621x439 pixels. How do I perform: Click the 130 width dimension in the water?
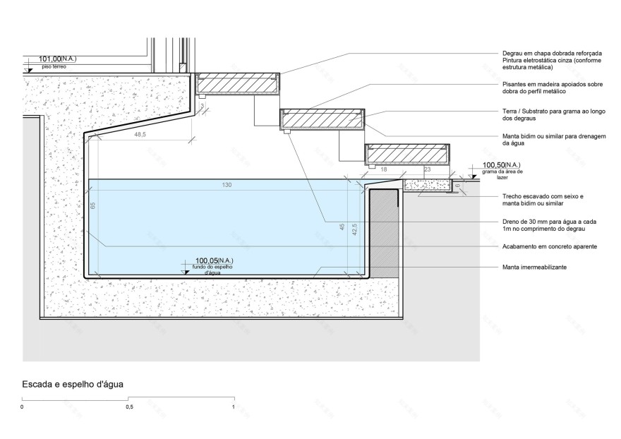[x=227, y=185]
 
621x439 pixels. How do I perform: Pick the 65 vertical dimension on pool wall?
[x=93, y=205]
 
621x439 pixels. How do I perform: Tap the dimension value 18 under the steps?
[x=384, y=170]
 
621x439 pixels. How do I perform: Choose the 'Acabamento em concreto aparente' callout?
[x=550, y=246]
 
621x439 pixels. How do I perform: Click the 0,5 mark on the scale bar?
[x=128, y=407]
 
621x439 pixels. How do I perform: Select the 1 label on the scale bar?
[x=233, y=407]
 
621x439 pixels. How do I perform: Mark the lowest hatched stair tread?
[x=408, y=152]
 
